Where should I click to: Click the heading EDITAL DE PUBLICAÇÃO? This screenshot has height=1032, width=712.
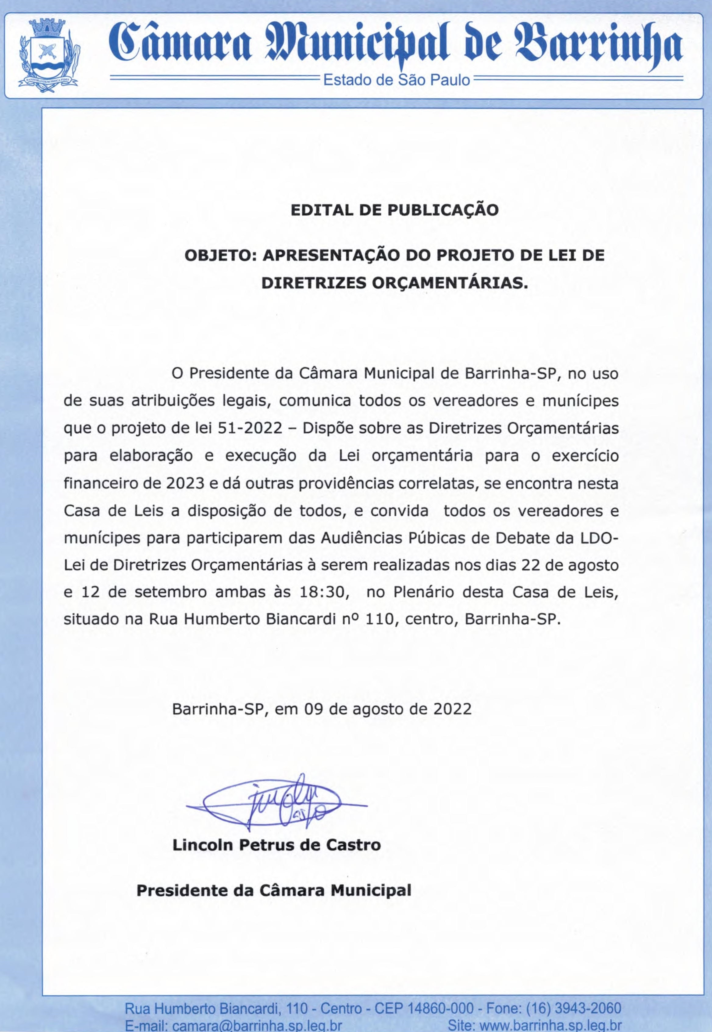pyautogui.click(x=394, y=210)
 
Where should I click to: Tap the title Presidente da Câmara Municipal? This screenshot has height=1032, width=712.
pyautogui.click(x=273, y=878)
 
